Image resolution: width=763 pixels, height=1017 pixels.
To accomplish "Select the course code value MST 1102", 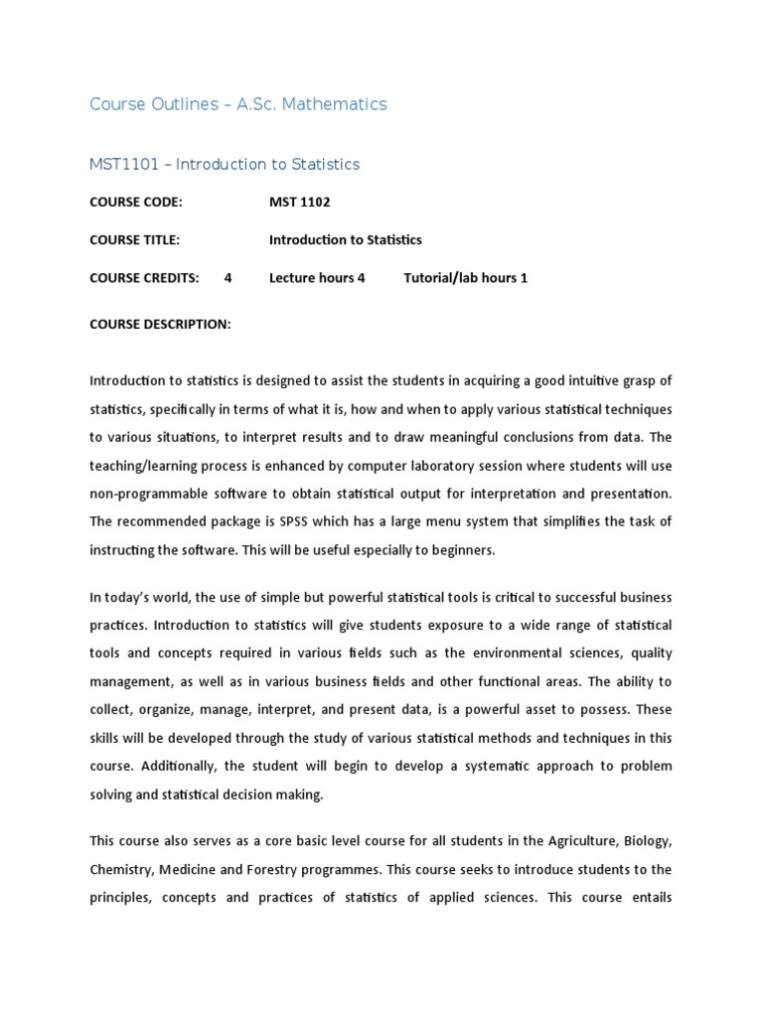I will [x=300, y=203].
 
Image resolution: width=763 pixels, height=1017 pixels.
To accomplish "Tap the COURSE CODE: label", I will [x=136, y=203].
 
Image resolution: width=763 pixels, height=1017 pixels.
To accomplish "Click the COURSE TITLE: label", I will [x=135, y=240].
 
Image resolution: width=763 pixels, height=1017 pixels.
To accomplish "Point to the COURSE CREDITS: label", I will [x=144, y=278].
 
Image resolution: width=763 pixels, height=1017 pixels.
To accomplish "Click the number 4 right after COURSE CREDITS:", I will [x=229, y=278].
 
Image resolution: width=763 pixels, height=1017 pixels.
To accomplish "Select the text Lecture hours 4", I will [x=317, y=278].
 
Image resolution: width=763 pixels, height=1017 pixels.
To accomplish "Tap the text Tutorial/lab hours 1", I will [x=465, y=278].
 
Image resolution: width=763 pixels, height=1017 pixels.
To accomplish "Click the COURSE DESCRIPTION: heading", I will [x=160, y=324].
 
